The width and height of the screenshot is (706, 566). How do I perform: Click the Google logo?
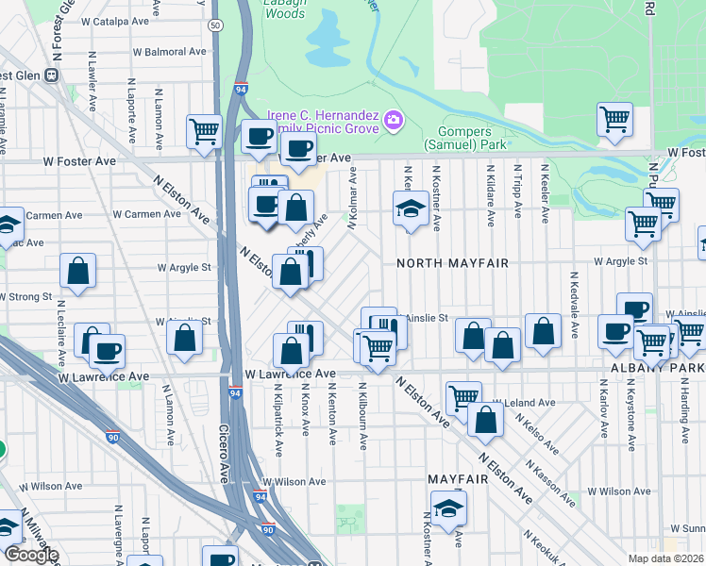click(x=30, y=555)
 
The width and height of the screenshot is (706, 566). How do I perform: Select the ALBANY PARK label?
click(x=669, y=367)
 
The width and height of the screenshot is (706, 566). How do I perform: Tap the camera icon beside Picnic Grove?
click(x=393, y=120)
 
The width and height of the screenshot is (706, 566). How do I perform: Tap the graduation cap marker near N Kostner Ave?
click(x=412, y=209)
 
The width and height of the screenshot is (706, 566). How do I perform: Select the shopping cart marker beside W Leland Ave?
click(x=463, y=398)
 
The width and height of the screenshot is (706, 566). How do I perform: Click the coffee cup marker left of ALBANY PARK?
click(x=615, y=331)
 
